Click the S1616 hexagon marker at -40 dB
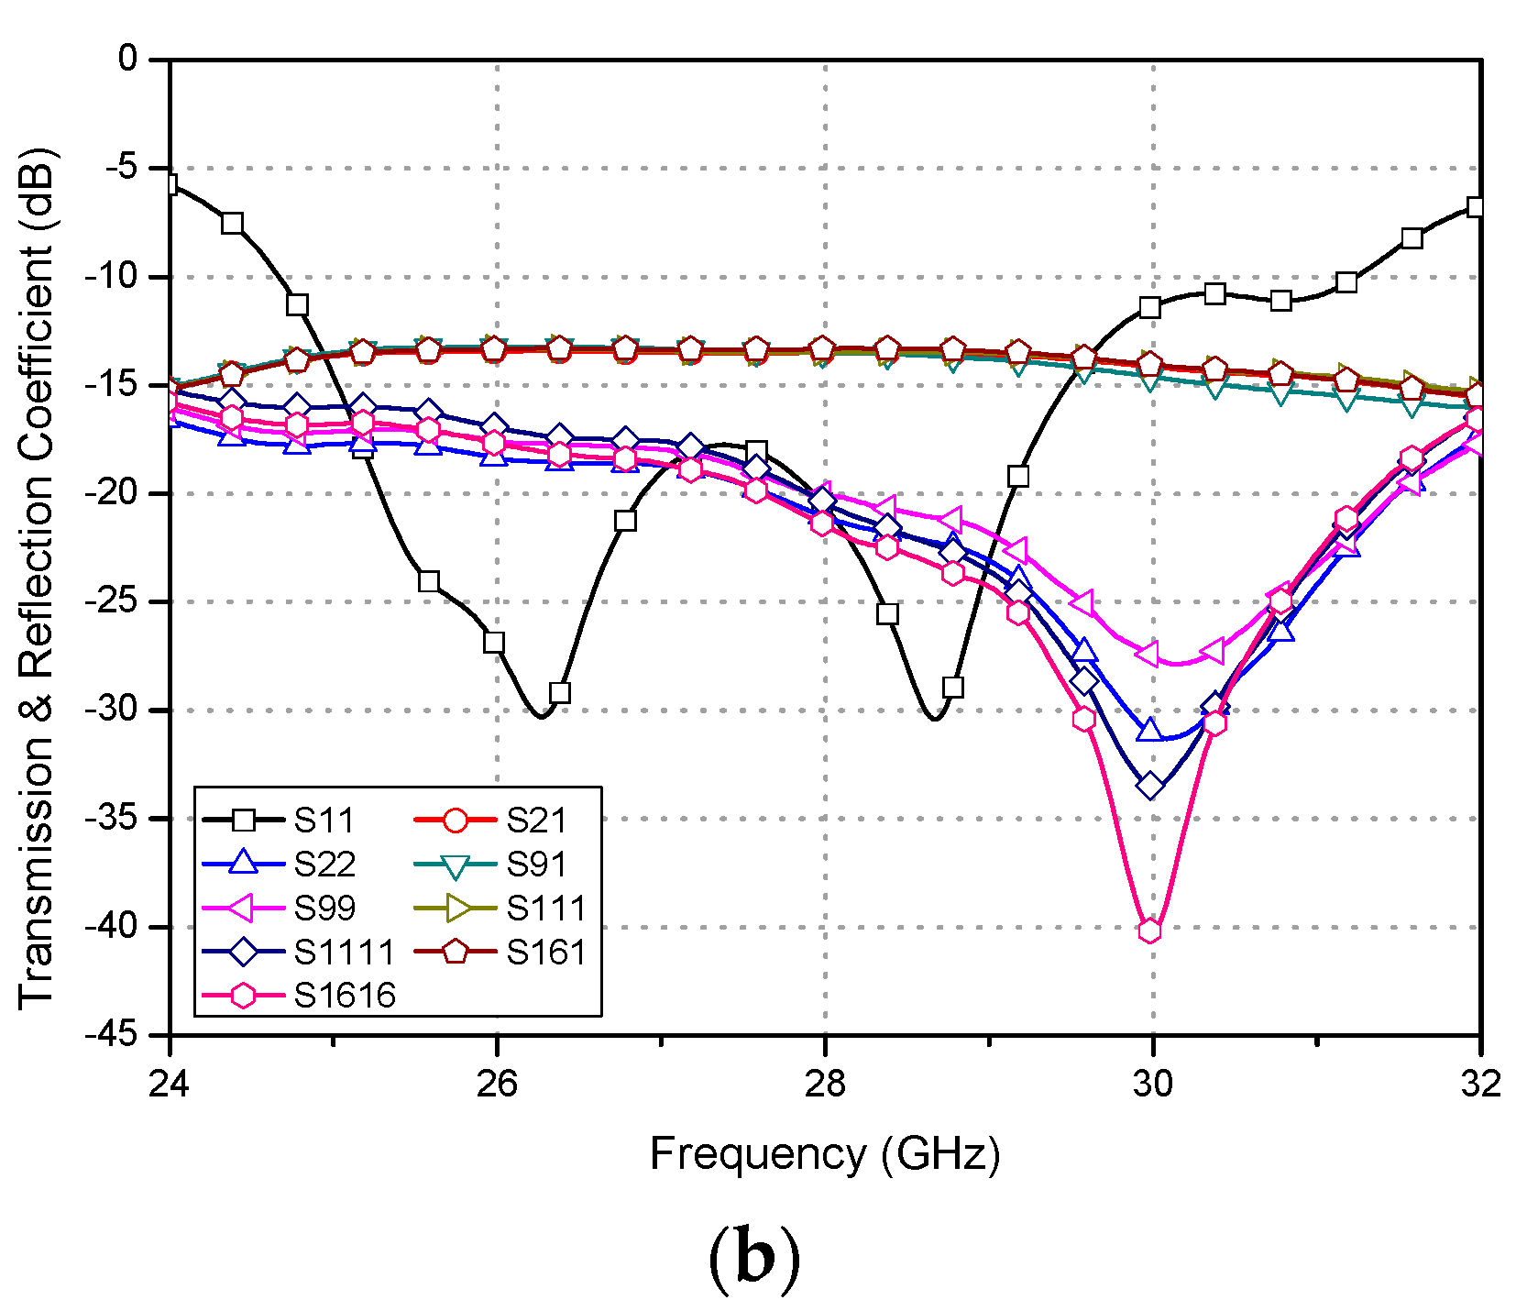point(1149,931)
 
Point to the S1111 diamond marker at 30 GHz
point(1151,786)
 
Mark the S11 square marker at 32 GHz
point(1476,207)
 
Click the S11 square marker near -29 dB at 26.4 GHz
point(560,692)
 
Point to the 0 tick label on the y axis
point(128,60)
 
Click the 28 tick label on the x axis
point(825,1085)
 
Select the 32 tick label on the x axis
point(1480,1085)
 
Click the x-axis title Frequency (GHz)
point(825,1153)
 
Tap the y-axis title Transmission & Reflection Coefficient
point(38,578)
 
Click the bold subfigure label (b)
point(753,1259)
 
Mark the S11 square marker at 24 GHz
point(170,185)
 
